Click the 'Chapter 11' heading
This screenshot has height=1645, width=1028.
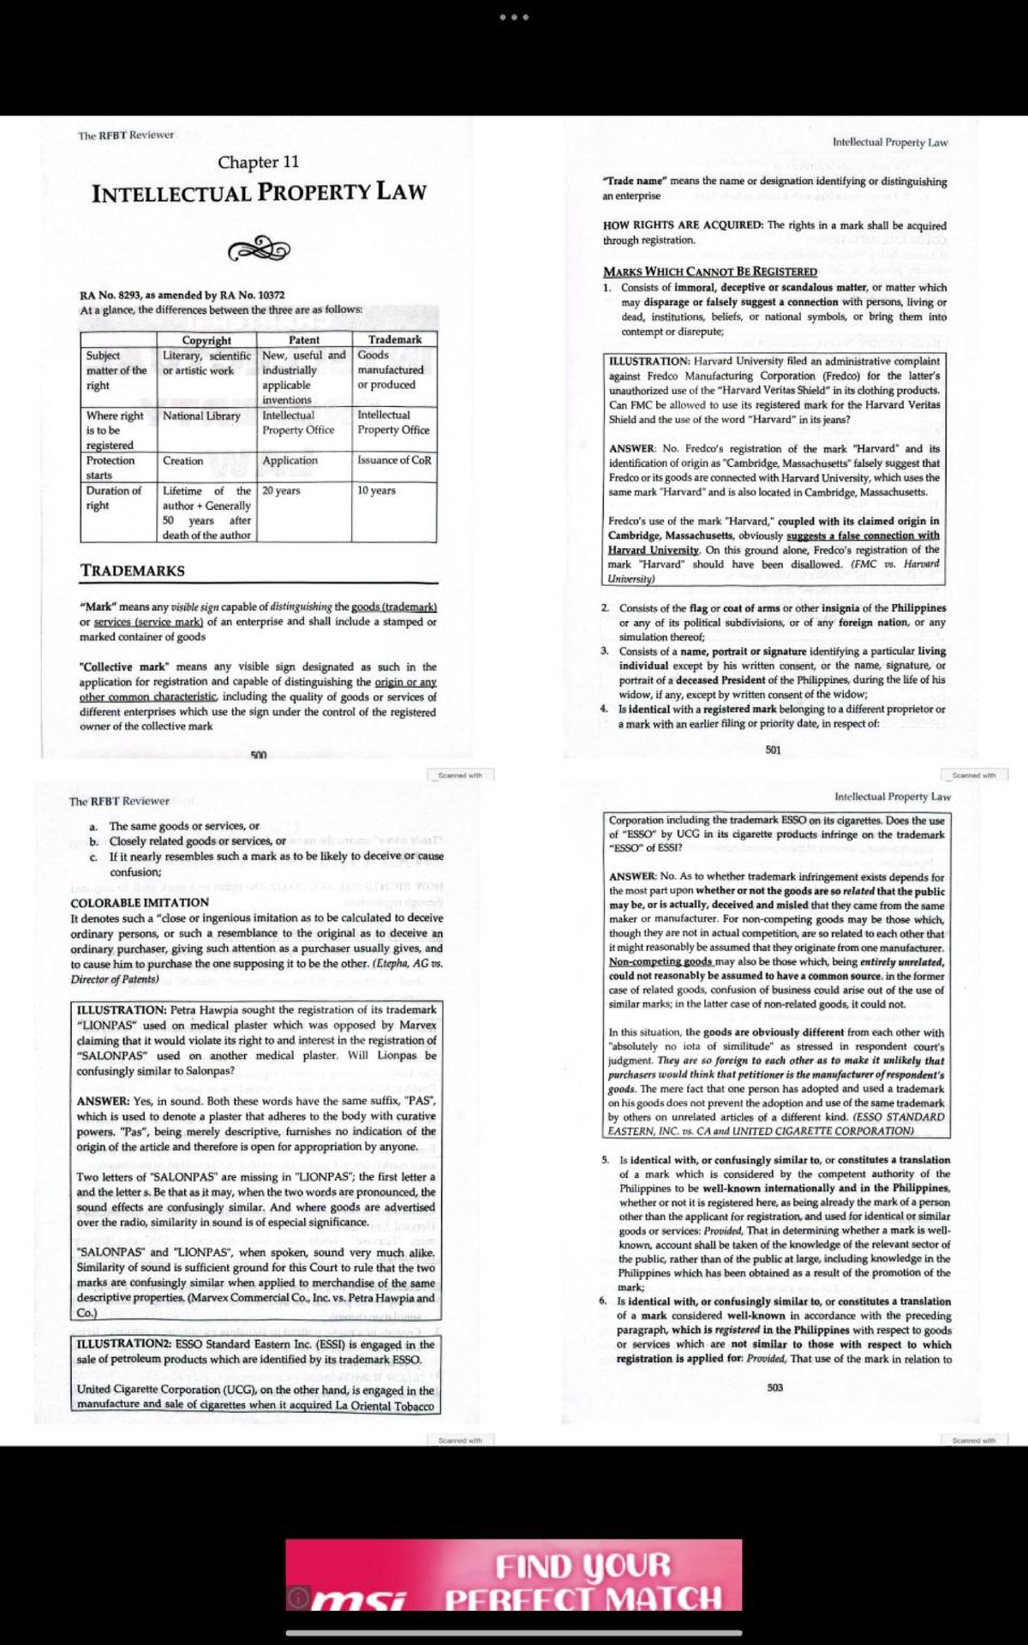(258, 162)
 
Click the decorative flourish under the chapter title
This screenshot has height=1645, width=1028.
(259, 249)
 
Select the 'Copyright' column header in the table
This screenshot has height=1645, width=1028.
(206, 340)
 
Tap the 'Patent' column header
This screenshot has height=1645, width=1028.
(304, 340)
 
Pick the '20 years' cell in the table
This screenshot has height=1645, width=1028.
(281, 491)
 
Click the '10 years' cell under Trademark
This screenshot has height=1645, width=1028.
(376, 491)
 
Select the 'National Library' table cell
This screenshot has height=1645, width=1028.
(201, 416)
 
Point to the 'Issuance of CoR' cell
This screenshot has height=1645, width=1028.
(394, 460)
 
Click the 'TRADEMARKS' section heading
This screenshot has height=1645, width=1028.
(133, 571)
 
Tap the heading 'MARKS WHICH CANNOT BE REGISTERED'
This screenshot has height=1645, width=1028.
(710, 272)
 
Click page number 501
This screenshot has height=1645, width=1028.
(773, 750)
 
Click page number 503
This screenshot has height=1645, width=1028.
(774, 1387)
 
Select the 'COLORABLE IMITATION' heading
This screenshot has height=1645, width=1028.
(140, 903)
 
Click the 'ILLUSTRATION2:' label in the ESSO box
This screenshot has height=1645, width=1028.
(124, 1344)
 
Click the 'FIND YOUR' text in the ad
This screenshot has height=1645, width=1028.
(583, 1566)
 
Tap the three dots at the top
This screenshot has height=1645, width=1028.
(514, 17)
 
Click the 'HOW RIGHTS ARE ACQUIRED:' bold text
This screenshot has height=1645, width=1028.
(683, 225)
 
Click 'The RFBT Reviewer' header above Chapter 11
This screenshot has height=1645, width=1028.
(126, 135)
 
